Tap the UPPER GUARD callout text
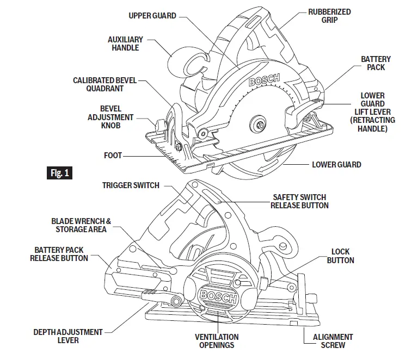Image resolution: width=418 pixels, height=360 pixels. pos(152,16)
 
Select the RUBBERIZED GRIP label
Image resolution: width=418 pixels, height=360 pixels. pos(329,16)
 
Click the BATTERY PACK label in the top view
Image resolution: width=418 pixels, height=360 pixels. pos(376,63)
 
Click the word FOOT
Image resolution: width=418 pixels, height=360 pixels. pos(113,156)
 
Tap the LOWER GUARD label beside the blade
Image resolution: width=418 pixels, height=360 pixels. pos(336,164)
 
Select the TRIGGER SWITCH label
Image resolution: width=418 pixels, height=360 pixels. pos(131,185)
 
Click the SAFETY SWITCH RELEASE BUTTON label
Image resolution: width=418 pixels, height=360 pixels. pos(299,201)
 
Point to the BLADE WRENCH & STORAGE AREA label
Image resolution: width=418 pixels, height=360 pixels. pos(81,225)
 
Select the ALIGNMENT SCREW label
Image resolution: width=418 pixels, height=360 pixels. pos(333,341)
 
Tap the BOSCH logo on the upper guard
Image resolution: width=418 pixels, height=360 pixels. pos(265,81)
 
